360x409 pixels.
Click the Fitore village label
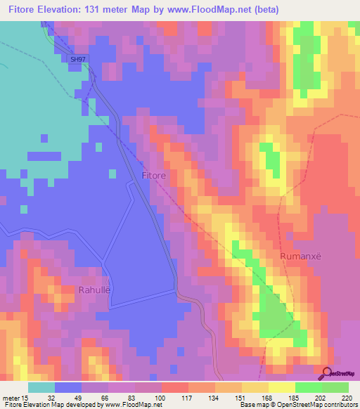154,175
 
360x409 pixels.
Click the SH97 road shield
78,60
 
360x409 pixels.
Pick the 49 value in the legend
78,397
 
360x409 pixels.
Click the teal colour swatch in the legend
41,387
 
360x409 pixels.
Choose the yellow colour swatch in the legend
281,387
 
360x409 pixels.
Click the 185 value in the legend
294,397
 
